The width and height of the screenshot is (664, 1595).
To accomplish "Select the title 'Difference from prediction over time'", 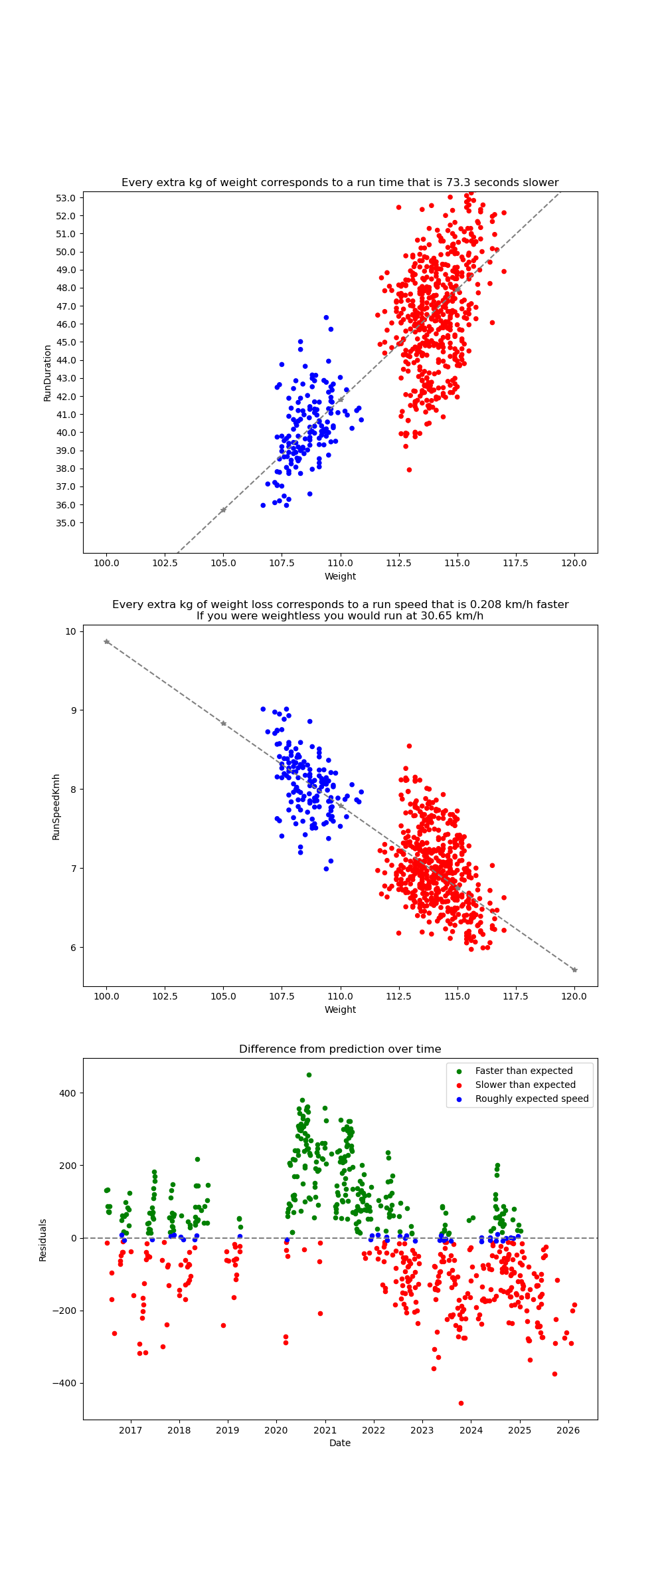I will click(340, 1049).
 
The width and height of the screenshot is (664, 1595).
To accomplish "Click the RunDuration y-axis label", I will click(47, 372).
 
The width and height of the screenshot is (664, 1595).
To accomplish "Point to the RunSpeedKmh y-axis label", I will click(56, 806).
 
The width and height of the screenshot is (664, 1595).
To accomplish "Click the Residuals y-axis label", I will click(42, 1239).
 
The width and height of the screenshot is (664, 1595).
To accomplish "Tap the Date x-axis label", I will click(340, 1443).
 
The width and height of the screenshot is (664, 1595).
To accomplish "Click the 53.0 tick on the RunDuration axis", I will click(66, 198).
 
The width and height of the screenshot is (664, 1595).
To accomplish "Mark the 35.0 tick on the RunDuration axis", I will click(66, 523).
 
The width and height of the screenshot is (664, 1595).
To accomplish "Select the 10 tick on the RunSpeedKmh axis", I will click(70, 631).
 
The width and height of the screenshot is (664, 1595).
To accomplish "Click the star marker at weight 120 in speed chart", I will click(574, 970).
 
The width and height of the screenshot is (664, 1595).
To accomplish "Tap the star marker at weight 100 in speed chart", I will click(106, 641).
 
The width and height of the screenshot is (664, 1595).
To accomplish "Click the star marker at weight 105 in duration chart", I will click(223, 510).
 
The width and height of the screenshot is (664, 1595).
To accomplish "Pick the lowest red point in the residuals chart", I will click(461, 1403).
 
